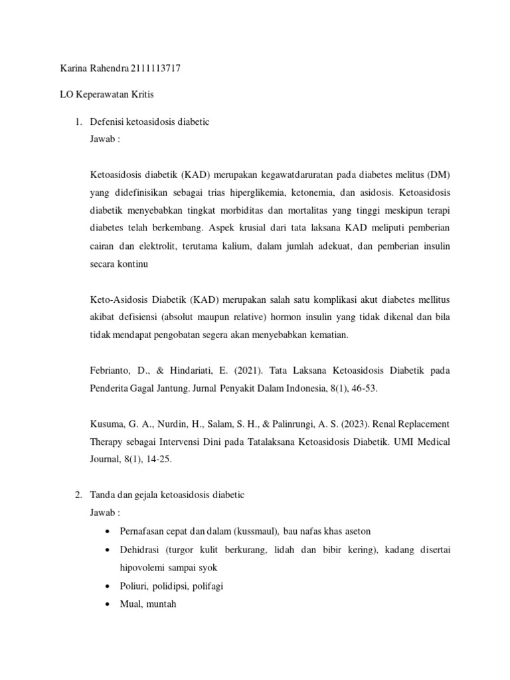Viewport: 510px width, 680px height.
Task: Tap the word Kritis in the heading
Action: [x=140, y=95]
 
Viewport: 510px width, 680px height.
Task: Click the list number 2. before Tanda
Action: [x=78, y=495]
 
